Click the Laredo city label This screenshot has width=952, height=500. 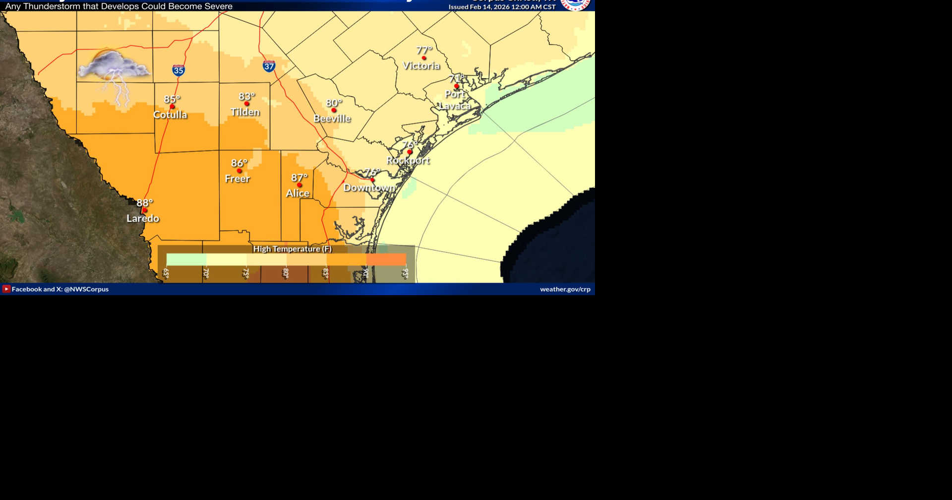coord(143,218)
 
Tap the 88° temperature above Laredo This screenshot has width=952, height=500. coord(145,202)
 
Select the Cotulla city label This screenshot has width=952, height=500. coord(170,115)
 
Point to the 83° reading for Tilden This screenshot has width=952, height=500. coord(247,96)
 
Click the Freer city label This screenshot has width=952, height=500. coord(238,179)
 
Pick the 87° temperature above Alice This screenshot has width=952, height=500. coord(299,177)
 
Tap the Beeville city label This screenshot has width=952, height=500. coord(332,119)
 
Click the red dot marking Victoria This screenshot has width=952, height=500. coord(424,58)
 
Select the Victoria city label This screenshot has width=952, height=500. coord(421,65)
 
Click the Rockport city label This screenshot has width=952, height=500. coord(408,160)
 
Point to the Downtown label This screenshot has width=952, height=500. coord(369,187)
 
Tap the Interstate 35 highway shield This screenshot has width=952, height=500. coord(178,70)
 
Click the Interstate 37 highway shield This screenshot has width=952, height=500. coord(269,66)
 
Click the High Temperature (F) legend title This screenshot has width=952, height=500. coord(293,249)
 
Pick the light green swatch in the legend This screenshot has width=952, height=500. coord(186,259)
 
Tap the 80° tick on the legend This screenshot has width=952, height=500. coord(286,273)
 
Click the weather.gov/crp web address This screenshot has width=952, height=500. coord(565,289)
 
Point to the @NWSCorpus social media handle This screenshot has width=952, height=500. coord(86,289)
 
